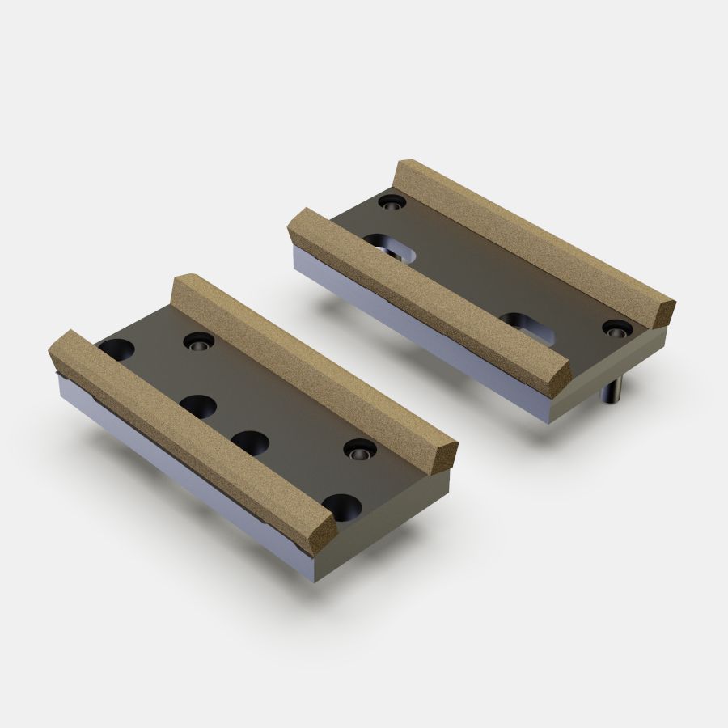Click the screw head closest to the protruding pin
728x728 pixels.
(x=617, y=328)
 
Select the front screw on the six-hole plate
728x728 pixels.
(x=357, y=451)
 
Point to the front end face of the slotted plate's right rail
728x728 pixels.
(x=661, y=313)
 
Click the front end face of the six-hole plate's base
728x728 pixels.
(x=380, y=534)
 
